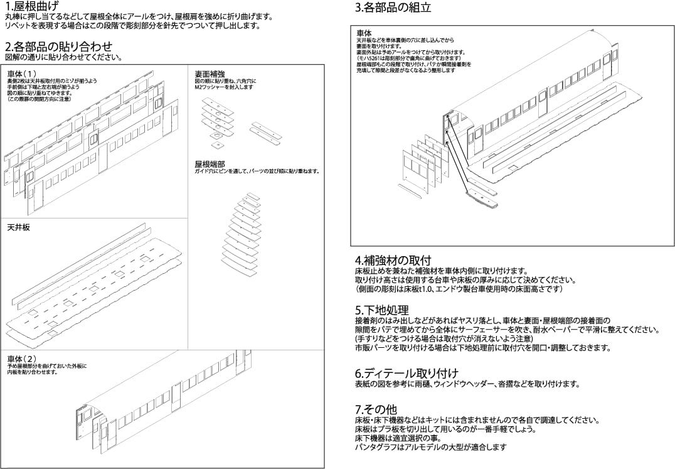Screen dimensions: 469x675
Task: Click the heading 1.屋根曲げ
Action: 31,7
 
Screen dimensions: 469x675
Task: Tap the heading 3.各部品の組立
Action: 393,8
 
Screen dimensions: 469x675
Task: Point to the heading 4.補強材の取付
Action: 393,260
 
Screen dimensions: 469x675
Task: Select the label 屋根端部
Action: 210,164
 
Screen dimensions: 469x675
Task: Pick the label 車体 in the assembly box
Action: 364,33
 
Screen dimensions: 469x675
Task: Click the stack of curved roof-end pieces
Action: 242,235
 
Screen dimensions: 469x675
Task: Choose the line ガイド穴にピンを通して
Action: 257,171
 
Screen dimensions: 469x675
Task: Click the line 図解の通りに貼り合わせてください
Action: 63,57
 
